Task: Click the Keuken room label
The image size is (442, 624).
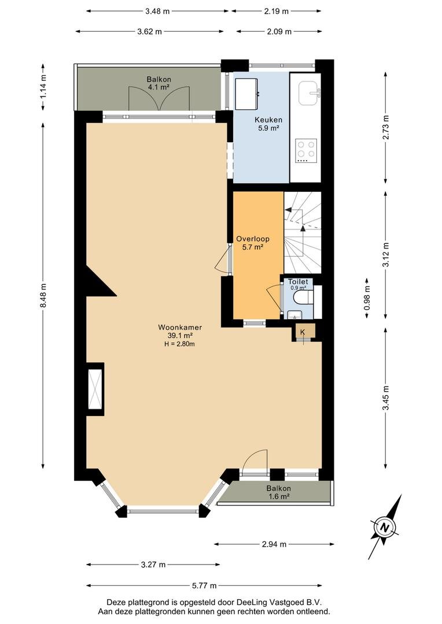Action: pyautogui.click(x=268, y=120)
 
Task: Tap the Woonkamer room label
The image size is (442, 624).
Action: pyautogui.click(x=180, y=328)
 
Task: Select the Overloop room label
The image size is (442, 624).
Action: pyautogui.click(x=253, y=239)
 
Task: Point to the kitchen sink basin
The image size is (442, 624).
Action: pyautogui.click(x=310, y=93)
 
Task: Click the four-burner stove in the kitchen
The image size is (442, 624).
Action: pyautogui.click(x=306, y=151)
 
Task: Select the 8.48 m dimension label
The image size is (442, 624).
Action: pyautogui.click(x=43, y=295)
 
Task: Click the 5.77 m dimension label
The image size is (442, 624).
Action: pyautogui.click(x=204, y=585)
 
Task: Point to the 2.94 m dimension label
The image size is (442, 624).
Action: pyautogui.click(x=274, y=544)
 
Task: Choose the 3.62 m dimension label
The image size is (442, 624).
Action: pyautogui.click(x=149, y=32)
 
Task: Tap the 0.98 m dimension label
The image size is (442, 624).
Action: pyautogui.click(x=367, y=298)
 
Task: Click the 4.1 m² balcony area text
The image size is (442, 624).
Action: pyautogui.click(x=159, y=87)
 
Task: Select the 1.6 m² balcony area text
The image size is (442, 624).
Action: pyautogui.click(x=279, y=496)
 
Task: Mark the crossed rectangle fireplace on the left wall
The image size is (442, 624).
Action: pyautogui.click(x=95, y=389)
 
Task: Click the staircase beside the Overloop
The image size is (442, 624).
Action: pyautogui.click(x=303, y=232)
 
